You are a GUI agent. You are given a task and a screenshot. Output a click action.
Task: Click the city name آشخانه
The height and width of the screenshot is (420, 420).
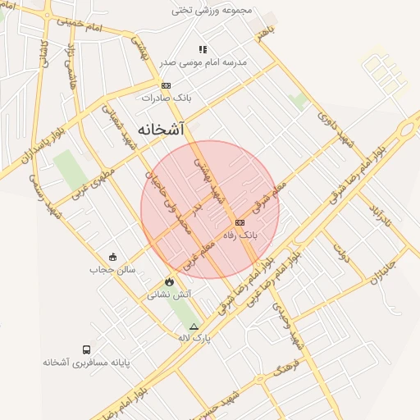tap(161, 129)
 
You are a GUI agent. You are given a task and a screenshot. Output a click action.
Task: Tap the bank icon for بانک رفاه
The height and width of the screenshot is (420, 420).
tap(240, 222)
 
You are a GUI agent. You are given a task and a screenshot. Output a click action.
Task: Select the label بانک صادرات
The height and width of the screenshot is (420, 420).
tap(167, 98)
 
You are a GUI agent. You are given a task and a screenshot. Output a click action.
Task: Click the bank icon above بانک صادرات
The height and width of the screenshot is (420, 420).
tap(167, 85)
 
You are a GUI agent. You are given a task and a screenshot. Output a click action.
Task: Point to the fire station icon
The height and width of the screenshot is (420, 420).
tap(169, 281)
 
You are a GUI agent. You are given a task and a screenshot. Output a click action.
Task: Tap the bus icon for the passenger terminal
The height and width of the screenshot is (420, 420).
tap(88, 349)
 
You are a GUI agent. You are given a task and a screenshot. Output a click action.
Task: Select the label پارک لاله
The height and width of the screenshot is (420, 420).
tap(194, 337)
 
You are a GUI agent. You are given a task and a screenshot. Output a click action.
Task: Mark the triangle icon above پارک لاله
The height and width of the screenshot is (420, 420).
tap(194, 326)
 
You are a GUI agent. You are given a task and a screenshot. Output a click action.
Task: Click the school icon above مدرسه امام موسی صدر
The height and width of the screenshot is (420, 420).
tap(203, 49)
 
